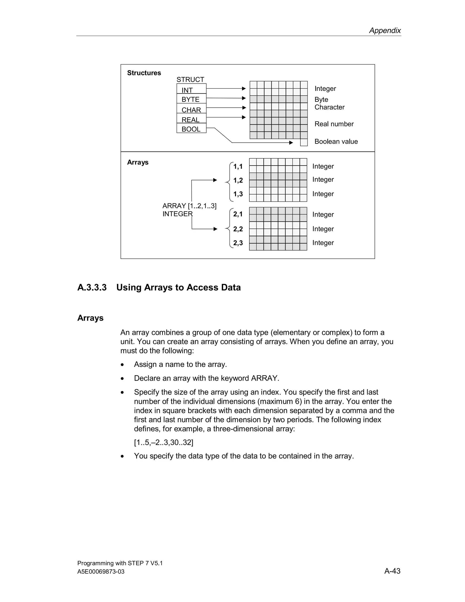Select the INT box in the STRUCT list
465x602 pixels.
click(191, 89)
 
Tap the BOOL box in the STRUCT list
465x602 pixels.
click(191, 129)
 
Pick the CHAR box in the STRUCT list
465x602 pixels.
click(191, 109)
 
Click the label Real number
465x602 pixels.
click(334, 124)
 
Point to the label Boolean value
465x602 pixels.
click(336, 141)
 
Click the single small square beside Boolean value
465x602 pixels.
click(304, 142)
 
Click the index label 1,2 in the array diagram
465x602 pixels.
click(238, 180)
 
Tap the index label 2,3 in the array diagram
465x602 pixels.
click(238, 243)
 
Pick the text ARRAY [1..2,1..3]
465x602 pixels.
click(189, 206)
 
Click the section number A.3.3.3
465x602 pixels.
click(92, 288)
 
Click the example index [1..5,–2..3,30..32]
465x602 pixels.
click(164, 442)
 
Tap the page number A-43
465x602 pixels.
click(392, 571)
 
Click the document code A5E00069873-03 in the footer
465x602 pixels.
click(101, 572)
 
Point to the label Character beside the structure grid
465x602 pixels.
click(329, 107)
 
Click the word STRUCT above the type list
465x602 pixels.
click(190, 80)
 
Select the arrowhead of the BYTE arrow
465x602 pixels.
click(244, 98)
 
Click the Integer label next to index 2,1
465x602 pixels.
click(323, 214)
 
